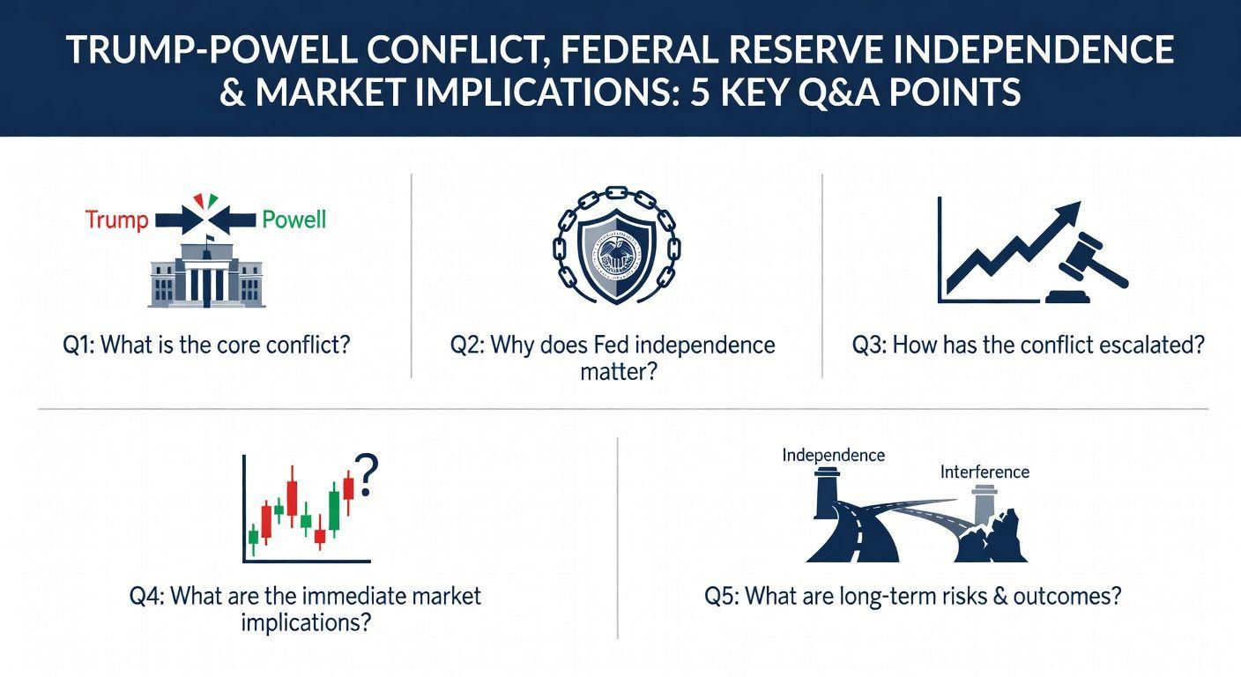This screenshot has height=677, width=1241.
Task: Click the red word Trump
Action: point(117,220)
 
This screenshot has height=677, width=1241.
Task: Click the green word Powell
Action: point(294,220)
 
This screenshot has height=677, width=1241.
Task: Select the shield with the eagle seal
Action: point(617,255)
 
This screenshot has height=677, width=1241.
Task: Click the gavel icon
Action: point(1086,269)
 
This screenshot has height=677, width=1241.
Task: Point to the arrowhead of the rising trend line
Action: point(1067,213)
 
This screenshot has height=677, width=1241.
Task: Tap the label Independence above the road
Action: point(833,456)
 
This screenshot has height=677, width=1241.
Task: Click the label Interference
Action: point(985,472)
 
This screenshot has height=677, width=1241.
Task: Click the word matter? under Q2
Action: point(618,371)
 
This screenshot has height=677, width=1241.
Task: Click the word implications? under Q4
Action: point(305,622)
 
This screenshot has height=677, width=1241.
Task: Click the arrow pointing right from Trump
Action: point(179,221)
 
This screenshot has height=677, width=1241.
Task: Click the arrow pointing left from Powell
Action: point(234,221)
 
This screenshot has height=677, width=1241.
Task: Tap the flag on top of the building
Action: point(210,239)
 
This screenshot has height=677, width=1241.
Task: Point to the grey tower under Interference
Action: point(985,504)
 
